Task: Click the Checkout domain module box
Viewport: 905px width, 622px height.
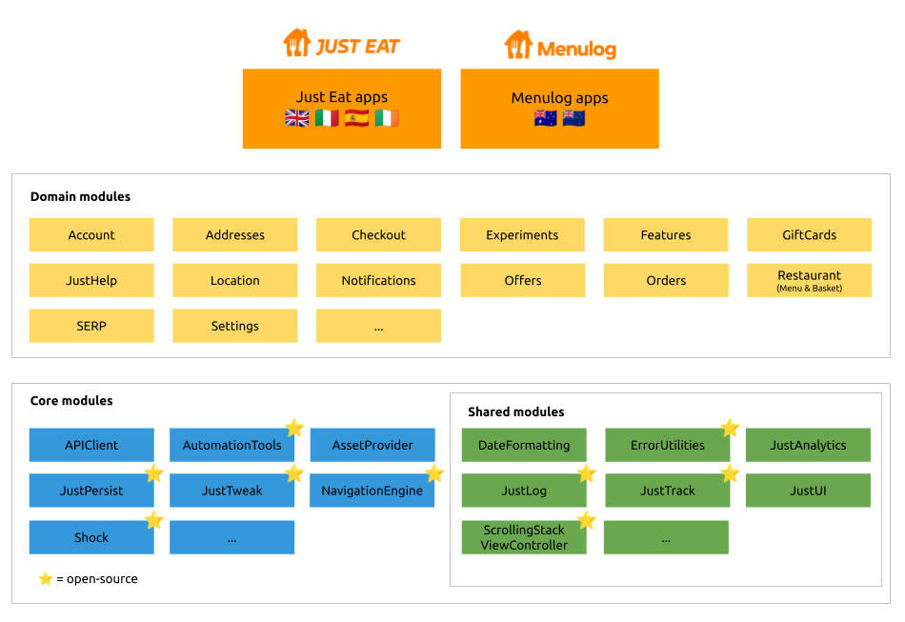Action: pyautogui.click(x=378, y=234)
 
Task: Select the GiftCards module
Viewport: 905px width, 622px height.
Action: pyautogui.click(x=809, y=234)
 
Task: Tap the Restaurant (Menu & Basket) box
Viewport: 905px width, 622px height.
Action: pyautogui.click(x=809, y=280)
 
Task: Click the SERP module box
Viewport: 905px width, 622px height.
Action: pyautogui.click(x=91, y=326)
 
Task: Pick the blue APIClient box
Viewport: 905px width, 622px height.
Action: pyautogui.click(x=91, y=445)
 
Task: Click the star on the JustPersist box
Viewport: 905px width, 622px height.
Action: pyautogui.click(x=153, y=473)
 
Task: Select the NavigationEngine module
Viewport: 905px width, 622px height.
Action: pyautogui.click(x=372, y=491)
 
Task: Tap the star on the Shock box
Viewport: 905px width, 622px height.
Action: pyautogui.click(x=153, y=520)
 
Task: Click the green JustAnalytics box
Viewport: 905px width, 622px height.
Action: pyautogui.click(x=808, y=445)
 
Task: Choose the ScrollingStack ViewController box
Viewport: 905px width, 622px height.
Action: pyautogui.click(x=523, y=537)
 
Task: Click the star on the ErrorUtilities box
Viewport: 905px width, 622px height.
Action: pyautogui.click(x=730, y=428)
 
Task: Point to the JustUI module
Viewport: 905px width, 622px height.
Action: pyautogui.click(x=808, y=491)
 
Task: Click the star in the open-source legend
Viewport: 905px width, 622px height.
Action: pyautogui.click(x=46, y=578)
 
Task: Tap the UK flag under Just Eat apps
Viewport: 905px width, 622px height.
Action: pyautogui.click(x=297, y=118)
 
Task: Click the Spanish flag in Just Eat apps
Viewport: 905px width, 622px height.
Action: pyautogui.click(x=357, y=118)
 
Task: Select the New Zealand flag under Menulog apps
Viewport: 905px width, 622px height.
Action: pyautogui.click(x=573, y=118)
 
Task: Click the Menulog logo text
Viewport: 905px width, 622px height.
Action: pyautogui.click(x=575, y=49)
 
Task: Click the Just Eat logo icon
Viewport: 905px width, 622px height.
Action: pyautogui.click(x=296, y=43)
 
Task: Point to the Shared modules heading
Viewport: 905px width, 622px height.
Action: pyautogui.click(x=515, y=411)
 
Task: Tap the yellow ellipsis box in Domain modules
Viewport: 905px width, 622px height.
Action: pyautogui.click(x=378, y=326)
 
